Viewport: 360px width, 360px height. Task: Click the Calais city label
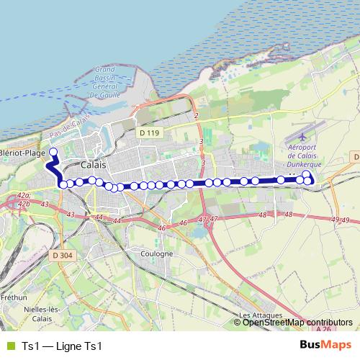click(x=94, y=164)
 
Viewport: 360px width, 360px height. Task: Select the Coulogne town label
click(x=157, y=253)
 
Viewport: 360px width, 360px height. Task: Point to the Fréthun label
click(x=14, y=296)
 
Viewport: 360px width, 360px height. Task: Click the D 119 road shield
click(x=149, y=132)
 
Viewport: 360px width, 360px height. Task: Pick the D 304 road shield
click(x=62, y=235)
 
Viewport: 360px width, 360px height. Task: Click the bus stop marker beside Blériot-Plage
click(x=53, y=152)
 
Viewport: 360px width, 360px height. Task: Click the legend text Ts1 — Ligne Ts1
click(x=63, y=346)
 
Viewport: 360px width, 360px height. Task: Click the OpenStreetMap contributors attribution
click(x=297, y=323)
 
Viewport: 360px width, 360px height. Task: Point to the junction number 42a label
click(x=24, y=195)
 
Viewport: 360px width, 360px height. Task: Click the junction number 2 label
click(x=195, y=116)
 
